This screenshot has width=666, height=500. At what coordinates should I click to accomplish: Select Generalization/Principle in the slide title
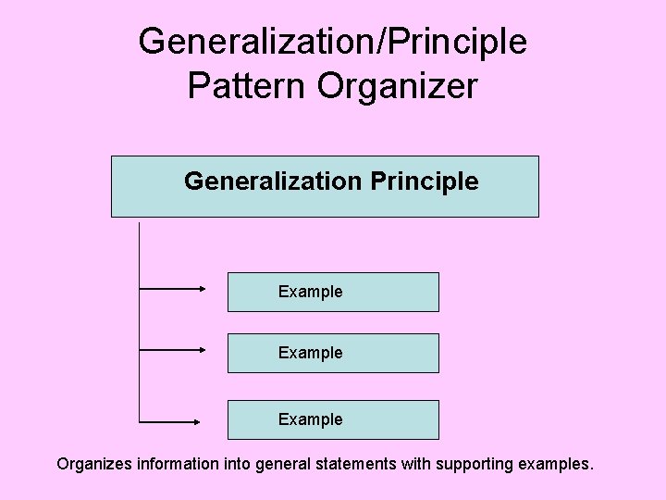point(333,41)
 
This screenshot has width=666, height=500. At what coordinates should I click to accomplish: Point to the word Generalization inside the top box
point(272,181)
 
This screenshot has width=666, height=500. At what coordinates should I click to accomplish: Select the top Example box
point(333,292)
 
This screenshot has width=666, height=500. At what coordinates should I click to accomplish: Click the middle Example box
point(333,353)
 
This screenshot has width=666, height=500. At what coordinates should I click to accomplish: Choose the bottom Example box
point(333,419)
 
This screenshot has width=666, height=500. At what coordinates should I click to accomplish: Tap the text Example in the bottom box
point(310,419)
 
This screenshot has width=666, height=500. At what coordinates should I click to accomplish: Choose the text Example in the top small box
point(310,292)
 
